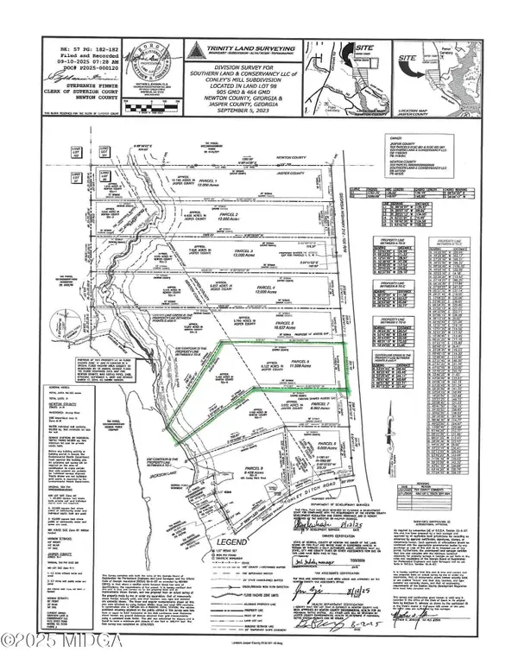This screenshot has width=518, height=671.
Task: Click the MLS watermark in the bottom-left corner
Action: coord(35,660)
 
